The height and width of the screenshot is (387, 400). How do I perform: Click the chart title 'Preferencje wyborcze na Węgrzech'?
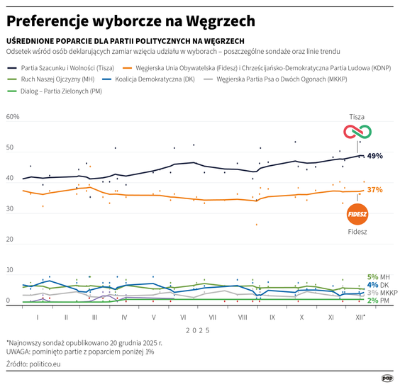(130, 20)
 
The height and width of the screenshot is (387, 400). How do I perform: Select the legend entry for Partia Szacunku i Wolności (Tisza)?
(64, 67)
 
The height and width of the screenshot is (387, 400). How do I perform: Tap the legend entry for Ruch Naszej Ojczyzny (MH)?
(53, 79)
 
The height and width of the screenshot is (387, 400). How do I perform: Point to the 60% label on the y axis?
(13, 118)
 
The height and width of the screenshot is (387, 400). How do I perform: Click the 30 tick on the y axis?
(10, 209)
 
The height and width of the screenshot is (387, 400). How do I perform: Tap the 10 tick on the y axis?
(10, 270)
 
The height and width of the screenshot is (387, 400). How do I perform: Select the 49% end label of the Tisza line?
(375, 156)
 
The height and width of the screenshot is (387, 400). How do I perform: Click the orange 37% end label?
(374, 190)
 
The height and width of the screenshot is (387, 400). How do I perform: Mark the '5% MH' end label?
(378, 277)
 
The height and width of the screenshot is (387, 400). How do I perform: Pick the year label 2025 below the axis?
(198, 330)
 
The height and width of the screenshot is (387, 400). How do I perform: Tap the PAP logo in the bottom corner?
(388, 377)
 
